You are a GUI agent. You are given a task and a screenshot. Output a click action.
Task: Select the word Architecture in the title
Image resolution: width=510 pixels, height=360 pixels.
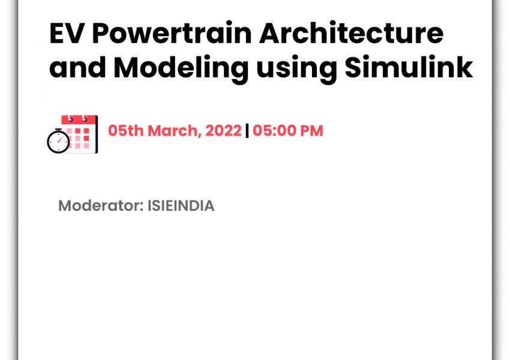coord(351,32)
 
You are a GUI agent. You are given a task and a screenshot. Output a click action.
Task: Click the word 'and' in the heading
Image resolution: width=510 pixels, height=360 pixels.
coord(78,67)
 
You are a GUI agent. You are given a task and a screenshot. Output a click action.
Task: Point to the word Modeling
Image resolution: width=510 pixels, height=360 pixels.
coord(181,69)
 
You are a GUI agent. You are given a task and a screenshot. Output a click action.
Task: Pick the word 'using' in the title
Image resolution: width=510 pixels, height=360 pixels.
coord(296,69)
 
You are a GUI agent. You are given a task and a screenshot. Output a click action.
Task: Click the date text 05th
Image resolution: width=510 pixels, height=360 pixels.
coord(125,131)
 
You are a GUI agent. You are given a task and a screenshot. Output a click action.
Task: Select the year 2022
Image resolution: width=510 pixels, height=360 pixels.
coord(223,131)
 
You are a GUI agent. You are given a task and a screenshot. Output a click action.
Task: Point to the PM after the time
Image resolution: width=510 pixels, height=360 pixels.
coord(311,131)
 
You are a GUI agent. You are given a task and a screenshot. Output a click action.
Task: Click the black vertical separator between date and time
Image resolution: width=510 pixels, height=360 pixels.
coord(247,131)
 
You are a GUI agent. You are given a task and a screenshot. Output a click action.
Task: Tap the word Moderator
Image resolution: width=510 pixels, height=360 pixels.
coord(101,206)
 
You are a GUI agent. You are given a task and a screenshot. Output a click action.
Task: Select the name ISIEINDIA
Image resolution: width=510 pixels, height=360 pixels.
coord(181,206)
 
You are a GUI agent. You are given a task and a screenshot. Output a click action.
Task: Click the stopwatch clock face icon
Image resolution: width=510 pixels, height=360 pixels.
coord(58,142)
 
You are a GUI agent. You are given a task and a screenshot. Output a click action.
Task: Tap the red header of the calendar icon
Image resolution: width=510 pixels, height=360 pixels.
coord(79,119)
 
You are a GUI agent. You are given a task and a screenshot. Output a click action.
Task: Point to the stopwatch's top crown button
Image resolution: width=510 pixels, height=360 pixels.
coord(59,130)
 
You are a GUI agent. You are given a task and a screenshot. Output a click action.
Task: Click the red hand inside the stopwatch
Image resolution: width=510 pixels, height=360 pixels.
coord(60,140)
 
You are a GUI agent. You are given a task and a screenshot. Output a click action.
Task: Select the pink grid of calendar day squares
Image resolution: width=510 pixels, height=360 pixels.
coord(78,138)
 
